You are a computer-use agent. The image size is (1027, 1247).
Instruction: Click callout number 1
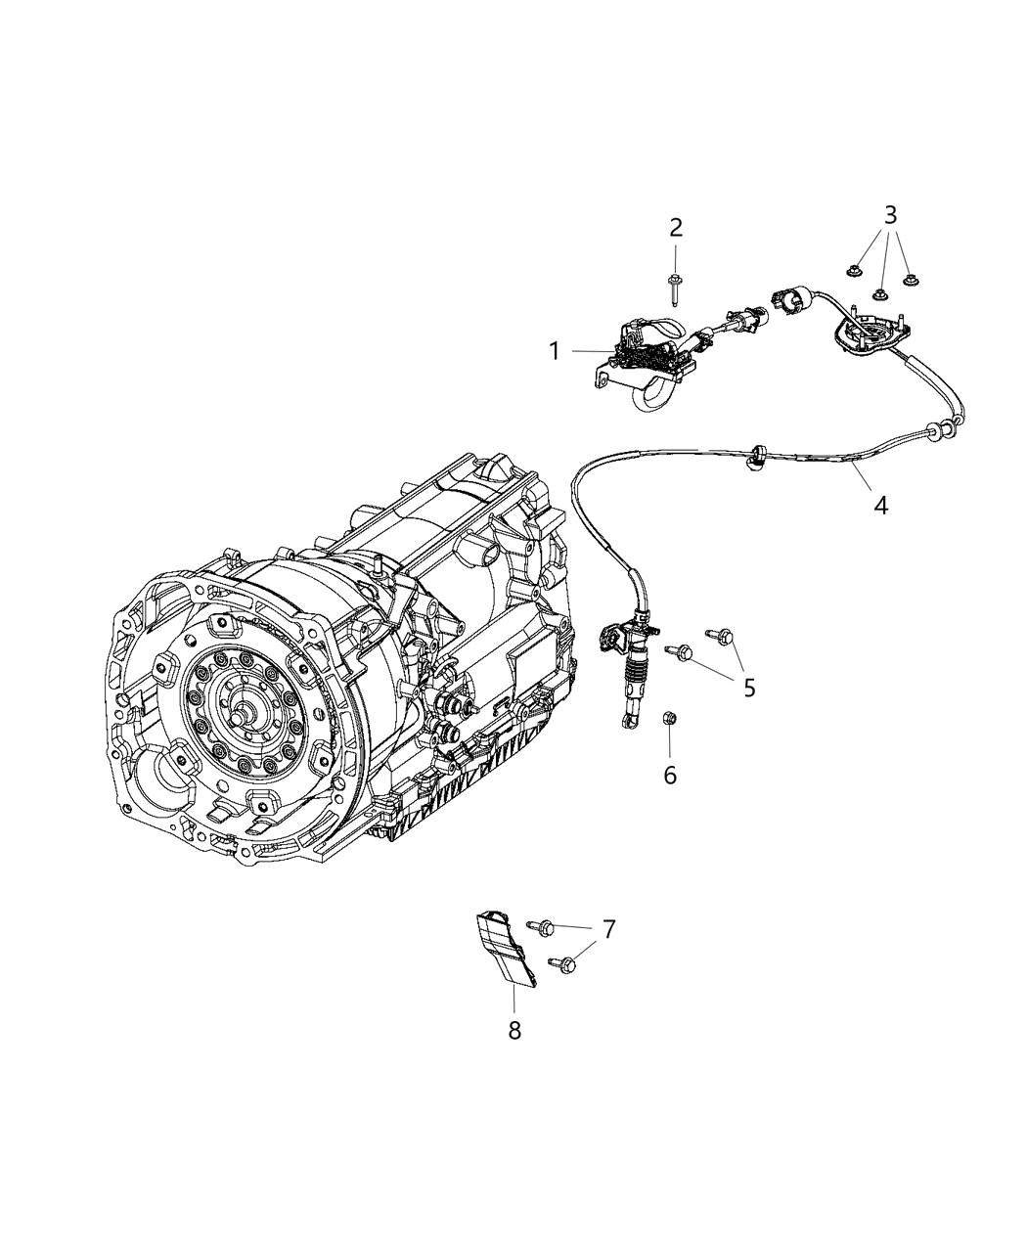click(555, 351)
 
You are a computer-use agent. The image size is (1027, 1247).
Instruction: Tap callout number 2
click(676, 229)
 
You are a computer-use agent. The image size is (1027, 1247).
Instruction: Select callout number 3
click(890, 215)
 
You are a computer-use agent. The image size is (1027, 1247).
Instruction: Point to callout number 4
click(881, 506)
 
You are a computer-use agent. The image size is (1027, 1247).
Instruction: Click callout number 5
click(749, 688)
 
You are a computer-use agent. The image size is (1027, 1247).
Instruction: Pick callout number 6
click(670, 775)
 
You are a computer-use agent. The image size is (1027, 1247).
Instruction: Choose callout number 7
click(608, 929)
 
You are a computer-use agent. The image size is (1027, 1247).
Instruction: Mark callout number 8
click(514, 1029)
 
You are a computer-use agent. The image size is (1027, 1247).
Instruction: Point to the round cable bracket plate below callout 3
click(865, 333)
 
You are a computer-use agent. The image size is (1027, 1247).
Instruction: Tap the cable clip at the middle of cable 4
click(755, 456)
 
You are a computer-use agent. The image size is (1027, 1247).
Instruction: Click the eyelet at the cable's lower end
click(623, 724)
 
